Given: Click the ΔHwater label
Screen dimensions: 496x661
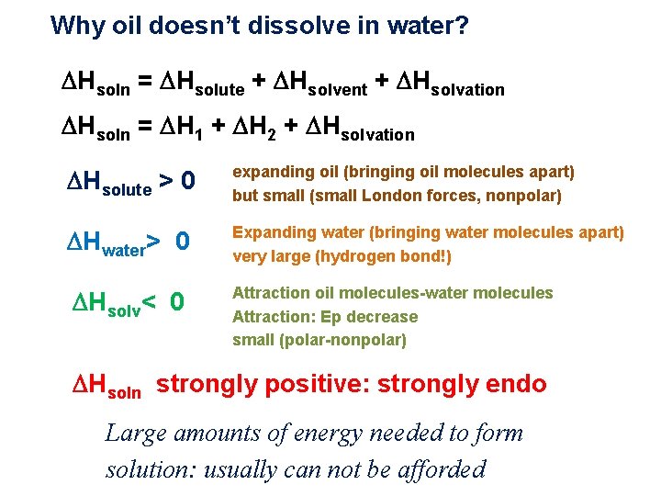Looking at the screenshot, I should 112,242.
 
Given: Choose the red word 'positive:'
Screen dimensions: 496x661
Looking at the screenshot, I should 280,384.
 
